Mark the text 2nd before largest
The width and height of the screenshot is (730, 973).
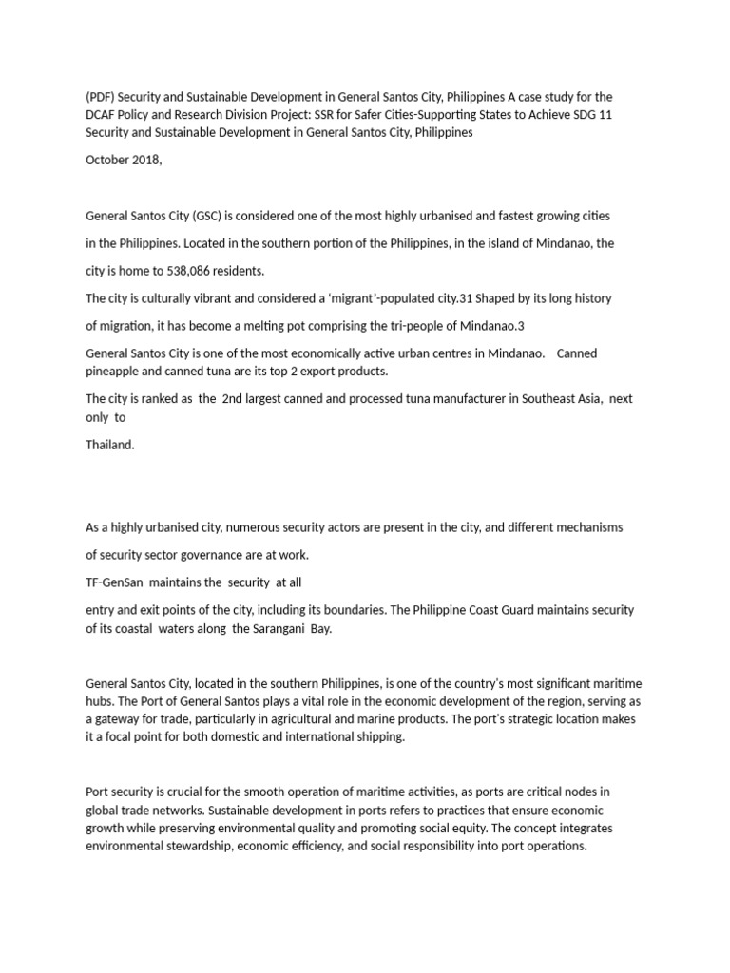tap(233, 398)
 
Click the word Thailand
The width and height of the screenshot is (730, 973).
tap(110, 444)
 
